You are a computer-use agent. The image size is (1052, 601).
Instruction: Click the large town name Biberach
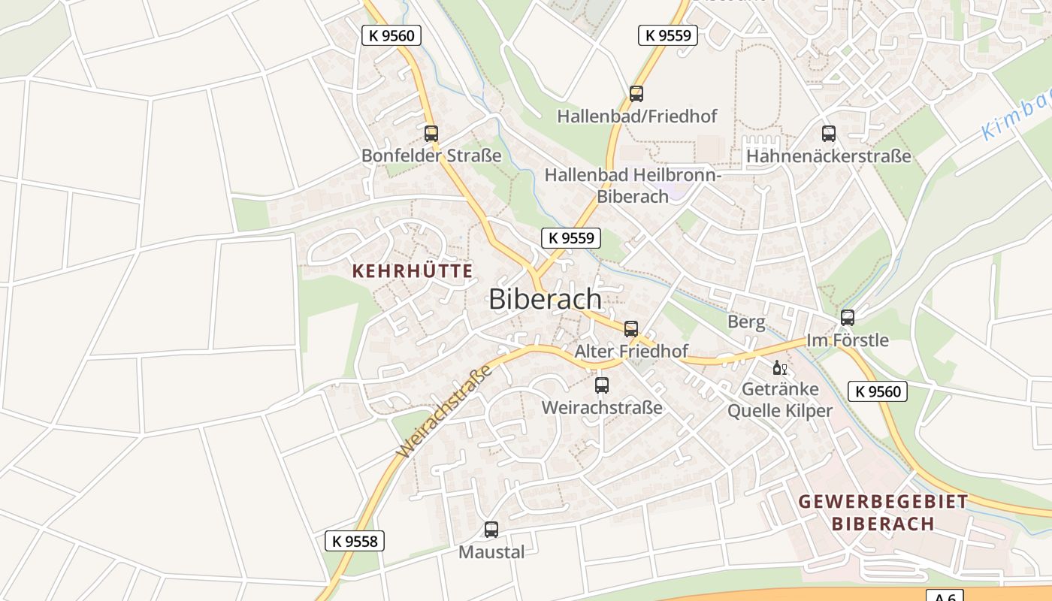click(x=545, y=299)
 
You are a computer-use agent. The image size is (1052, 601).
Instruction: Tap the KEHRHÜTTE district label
click(x=413, y=271)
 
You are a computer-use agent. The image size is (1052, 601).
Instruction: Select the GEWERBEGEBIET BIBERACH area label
click(x=883, y=512)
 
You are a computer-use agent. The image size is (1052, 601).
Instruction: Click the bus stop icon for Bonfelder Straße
click(x=431, y=134)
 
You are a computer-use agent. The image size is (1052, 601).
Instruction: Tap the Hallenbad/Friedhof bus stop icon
click(x=636, y=94)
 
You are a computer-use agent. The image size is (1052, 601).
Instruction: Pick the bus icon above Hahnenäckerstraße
click(x=828, y=134)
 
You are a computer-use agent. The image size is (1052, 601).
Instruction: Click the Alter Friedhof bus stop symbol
click(x=631, y=328)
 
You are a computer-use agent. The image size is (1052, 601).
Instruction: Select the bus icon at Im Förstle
click(x=848, y=318)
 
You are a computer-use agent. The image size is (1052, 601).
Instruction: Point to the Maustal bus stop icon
click(x=491, y=530)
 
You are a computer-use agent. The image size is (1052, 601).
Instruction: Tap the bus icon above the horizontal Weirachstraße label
click(x=602, y=385)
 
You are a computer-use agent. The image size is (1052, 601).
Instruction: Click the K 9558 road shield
click(x=355, y=541)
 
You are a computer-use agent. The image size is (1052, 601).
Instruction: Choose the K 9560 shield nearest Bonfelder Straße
click(x=391, y=35)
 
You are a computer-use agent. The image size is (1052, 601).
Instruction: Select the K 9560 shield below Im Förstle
click(x=878, y=391)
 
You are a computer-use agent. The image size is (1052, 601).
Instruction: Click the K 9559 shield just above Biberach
click(x=571, y=238)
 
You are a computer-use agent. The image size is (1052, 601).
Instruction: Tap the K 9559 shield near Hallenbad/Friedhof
click(x=668, y=35)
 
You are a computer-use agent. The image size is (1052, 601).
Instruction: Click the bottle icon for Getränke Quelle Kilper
click(x=779, y=368)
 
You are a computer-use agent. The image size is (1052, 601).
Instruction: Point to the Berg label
click(x=746, y=322)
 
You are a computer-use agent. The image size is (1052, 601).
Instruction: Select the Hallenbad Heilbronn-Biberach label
click(x=633, y=186)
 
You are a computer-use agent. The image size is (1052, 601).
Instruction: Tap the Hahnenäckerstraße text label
click(x=828, y=156)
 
